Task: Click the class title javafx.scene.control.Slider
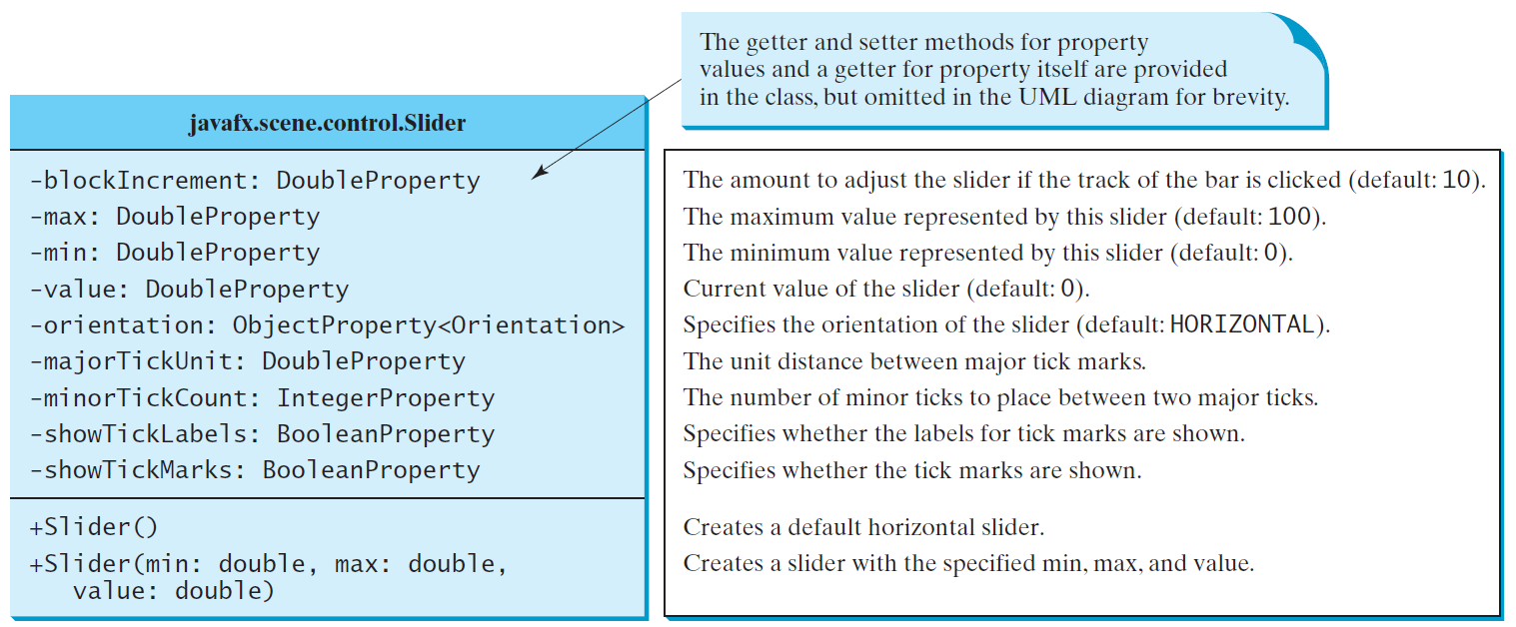coord(327,123)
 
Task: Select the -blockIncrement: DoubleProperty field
coord(255,181)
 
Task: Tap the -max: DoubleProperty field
coord(175,217)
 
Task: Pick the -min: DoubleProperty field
coord(175,253)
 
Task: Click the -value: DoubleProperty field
coord(189,289)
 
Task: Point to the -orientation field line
coord(327,325)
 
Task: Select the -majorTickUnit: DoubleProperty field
coord(247,361)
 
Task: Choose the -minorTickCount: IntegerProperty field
coord(262,397)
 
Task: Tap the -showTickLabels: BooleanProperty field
coord(262,433)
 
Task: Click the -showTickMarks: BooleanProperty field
coord(255,470)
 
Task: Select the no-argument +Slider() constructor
coord(93,527)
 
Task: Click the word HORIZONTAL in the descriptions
coord(1242,324)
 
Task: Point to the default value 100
coord(1290,217)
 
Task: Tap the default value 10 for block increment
coord(1456,180)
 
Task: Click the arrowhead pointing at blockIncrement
coord(540,172)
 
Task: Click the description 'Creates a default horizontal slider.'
coord(863,527)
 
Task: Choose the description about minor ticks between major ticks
coord(1000,397)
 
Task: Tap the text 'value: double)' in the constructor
coord(174,591)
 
